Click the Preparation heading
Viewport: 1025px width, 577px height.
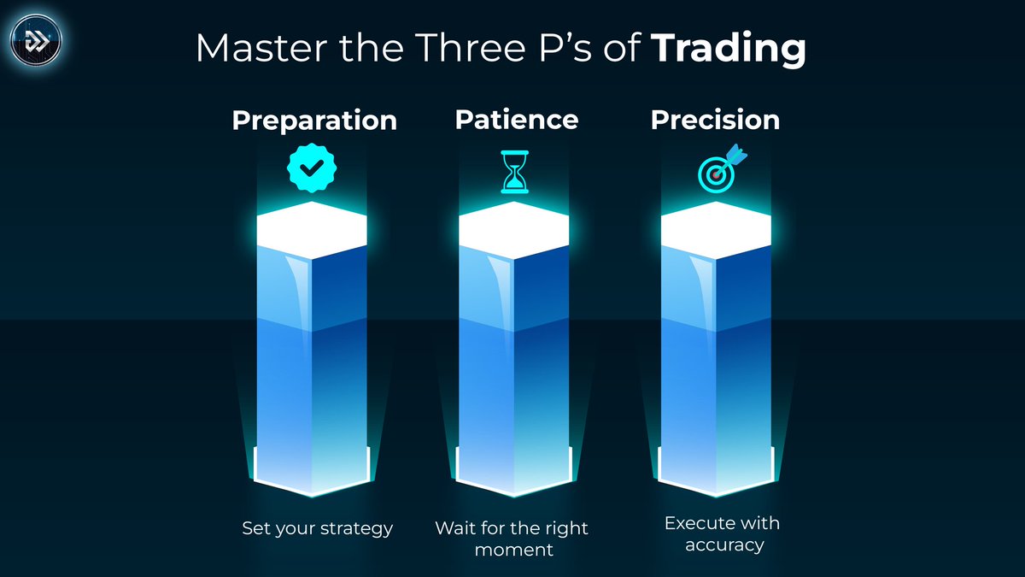point(314,121)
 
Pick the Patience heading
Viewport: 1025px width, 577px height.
point(516,119)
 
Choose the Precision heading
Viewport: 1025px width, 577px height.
point(715,120)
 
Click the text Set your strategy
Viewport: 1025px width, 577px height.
point(317,528)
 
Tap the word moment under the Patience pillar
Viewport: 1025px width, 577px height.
point(514,550)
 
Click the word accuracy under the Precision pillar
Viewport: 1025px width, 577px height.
point(722,545)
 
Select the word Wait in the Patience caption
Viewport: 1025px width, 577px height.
point(455,528)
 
